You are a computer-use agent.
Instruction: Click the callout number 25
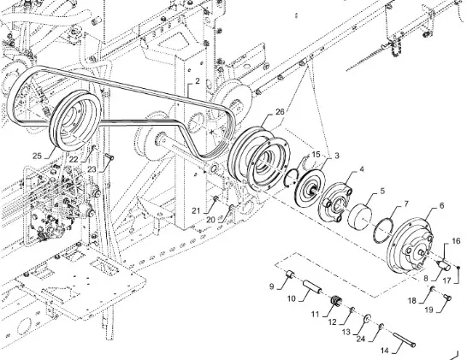(x=37, y=156)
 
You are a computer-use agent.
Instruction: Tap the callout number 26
(x=280, y=112)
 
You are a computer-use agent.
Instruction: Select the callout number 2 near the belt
(x=198, y=81)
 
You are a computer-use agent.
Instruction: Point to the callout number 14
(x=385, y=351)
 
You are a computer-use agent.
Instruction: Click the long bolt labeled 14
(x=404, y=339)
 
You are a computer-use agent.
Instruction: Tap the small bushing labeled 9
(x=290, y=274)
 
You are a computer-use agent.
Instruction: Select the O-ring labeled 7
(x=383, y=228)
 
